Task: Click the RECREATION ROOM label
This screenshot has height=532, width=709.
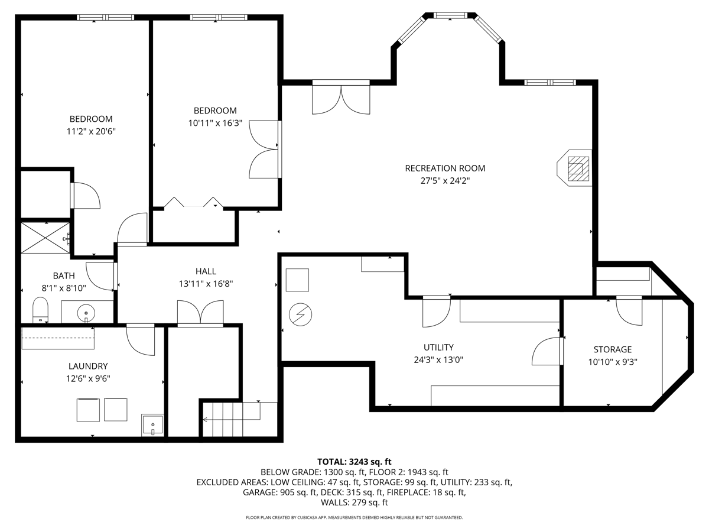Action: tap(445, 168)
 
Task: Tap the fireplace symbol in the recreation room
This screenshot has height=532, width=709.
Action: tap(574, 168)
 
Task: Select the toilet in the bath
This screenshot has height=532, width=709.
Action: tap(40, 310)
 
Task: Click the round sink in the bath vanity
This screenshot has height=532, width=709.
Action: tap(86, 313)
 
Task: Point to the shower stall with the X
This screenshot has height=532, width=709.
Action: tap(45, 238)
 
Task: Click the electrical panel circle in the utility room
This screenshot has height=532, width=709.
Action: tap(300, 314)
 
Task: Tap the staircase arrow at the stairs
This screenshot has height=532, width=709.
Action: tap(231, 419)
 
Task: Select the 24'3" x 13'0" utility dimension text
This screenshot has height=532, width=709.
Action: tap(438, 360)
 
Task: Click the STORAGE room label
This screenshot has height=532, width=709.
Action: tap(613, 349)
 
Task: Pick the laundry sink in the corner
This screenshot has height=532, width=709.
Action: tap(153, 425)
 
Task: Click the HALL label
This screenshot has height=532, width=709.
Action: tap(206, 271)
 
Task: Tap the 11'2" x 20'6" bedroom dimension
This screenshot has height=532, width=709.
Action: tap(91, 131)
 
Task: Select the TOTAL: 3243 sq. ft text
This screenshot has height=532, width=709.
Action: tap(354, 462)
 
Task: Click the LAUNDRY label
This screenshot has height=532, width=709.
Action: tap(88, 366)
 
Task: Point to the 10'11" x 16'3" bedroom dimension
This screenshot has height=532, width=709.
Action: tap(215, 123)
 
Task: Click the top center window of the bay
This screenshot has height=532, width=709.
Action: tap(450, 15)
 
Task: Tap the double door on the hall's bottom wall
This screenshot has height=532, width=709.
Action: tap(200, 313)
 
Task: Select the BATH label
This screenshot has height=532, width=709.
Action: tap(64, 276)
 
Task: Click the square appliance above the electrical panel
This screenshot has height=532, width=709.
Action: tap(298, 280)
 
